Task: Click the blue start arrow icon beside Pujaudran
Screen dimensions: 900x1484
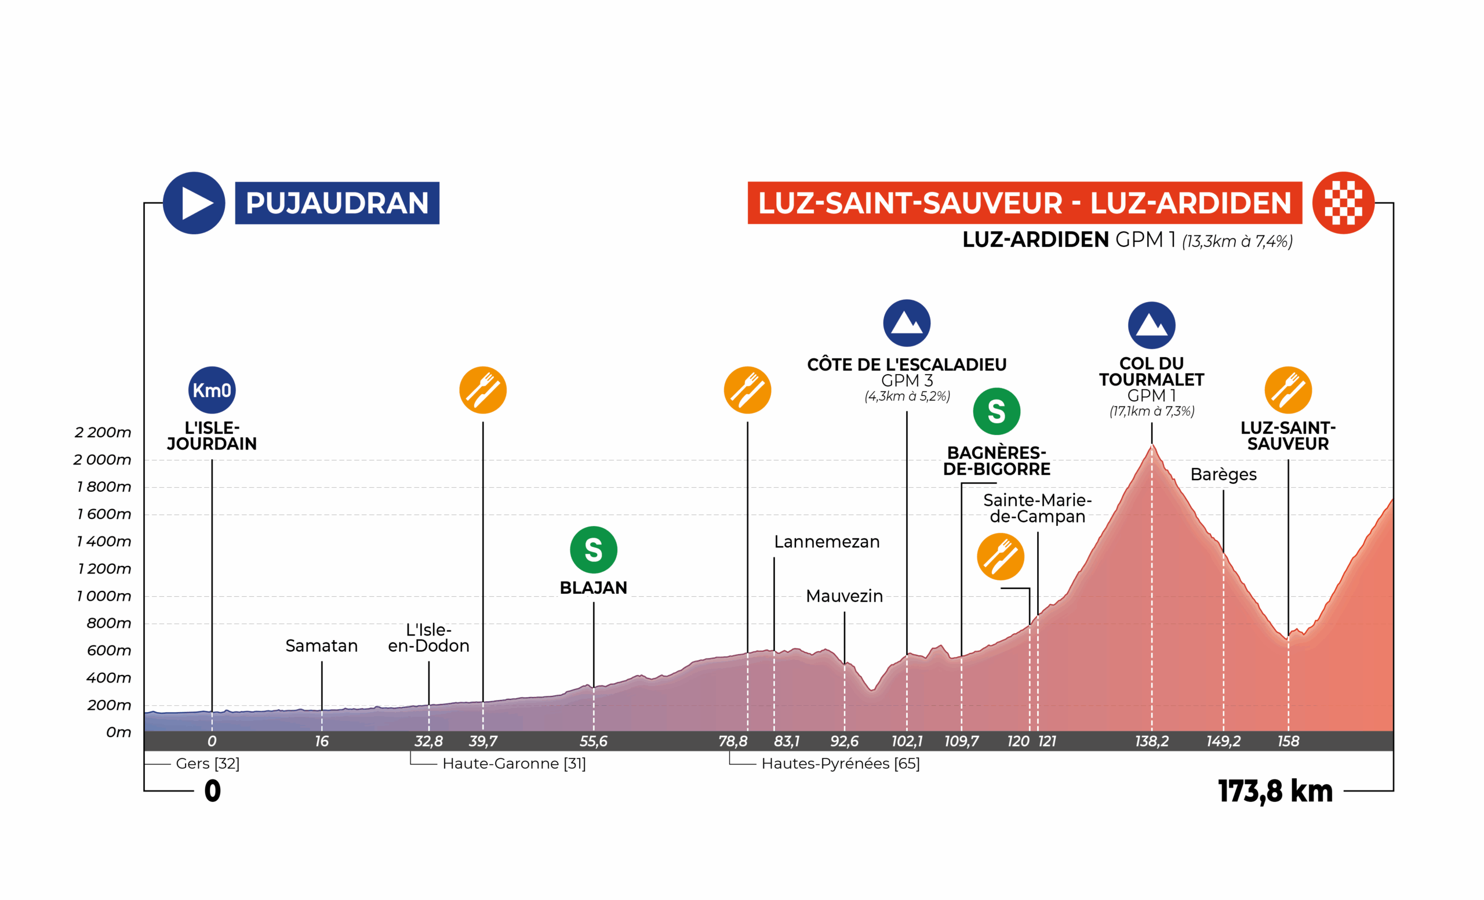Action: [x=194, y=203]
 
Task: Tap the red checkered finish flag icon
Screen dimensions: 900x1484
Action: [x=1343, y=203]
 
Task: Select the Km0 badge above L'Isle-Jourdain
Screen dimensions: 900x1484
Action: [x=212, y=390]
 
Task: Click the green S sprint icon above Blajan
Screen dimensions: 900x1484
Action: [x=593, y=549]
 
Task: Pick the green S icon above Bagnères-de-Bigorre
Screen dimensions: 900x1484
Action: [x=996, y=412]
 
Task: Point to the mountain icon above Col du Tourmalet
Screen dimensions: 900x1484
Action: [x=1151, y=325]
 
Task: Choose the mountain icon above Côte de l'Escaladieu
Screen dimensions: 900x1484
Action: [x=907, y=323]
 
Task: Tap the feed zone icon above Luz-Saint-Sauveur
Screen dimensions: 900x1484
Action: [x=1287, y=390]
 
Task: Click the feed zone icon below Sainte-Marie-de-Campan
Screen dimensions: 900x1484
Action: [x=1000, y=556]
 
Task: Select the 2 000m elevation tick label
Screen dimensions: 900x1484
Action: [x=103, y=460]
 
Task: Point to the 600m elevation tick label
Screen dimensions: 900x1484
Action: [x=108, y=650]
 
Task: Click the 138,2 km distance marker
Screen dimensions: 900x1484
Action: [x=1151, y=741]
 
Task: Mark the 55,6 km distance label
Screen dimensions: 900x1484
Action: [x=593, y=741]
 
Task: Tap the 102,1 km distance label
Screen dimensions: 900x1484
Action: [x=907, y=741]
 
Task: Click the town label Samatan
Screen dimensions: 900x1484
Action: [x=321, y=646]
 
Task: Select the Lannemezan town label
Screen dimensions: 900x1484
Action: [x=826, y=542]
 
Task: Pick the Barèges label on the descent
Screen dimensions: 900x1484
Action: [x=1223, y=474]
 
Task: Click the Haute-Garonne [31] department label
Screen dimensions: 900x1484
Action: [x=514, y=763]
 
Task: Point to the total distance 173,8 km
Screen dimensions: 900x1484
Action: [x=1275, y=791]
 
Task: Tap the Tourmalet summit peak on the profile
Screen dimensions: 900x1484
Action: [x=1151, y=446]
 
